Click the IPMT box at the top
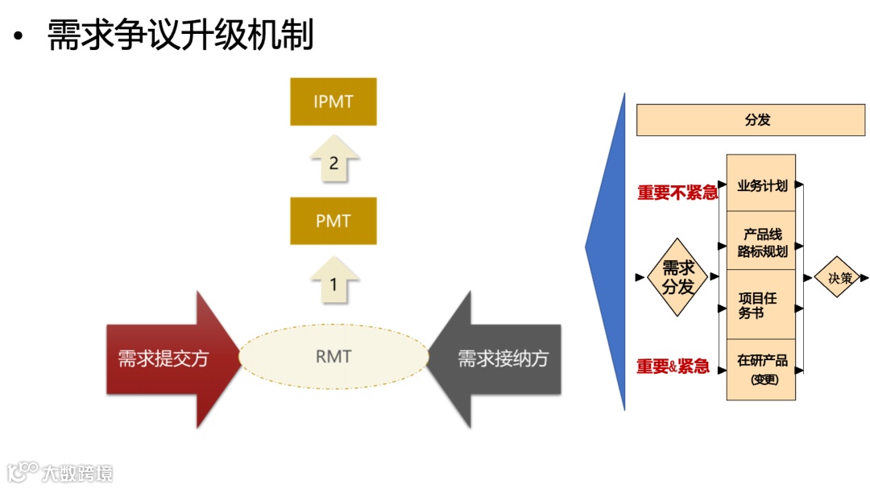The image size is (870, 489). pyautogui.click(x=333, y=102)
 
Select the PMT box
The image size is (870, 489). pyautogui.click(x=333, y=220)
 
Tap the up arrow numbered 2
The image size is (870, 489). pyautogui.click(x=333, y=163)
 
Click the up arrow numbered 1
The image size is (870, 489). pyautogui.click(x=333, y=283)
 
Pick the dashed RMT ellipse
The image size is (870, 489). pyautogui.click(x=333, y=357)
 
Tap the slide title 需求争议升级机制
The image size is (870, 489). pyautogui.click(x=180, y=35)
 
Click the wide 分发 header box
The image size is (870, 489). pyautogui.click(x=750, y=119)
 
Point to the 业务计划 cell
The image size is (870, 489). pyautogui.click(x=761, y=185)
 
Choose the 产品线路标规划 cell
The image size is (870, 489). pyautogui.click(x=761, y=242)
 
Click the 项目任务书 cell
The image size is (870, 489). pyautogui.click(x=761, y=305)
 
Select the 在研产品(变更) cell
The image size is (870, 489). pyautogui.click(x=761, y=368)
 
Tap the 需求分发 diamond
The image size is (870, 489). pyautogui.click(x=677, y=277)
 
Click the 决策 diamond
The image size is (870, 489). pyautogui.click(x=839, y=277)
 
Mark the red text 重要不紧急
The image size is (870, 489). pyautogui.click(x=677, y=193)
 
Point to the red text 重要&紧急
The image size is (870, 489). pyautogui.click(x=673, y=367)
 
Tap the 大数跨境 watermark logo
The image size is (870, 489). pyautogui.click(x=60, y=470)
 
